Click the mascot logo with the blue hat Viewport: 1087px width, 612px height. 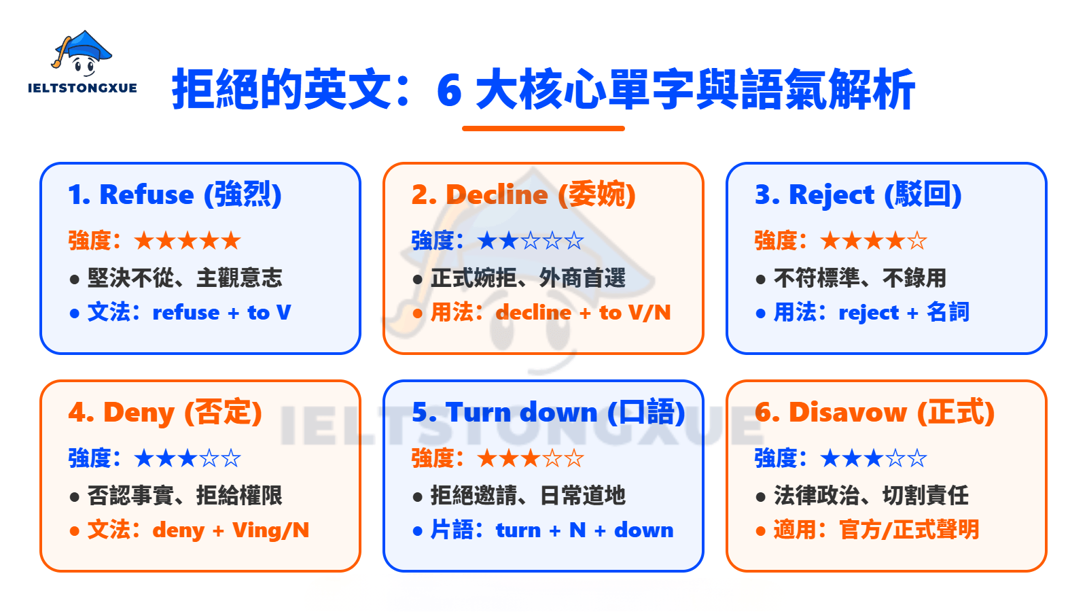tap(82, 54)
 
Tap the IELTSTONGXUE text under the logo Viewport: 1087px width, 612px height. tap(82, 88)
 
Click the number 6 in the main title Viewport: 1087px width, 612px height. tap(449, 90)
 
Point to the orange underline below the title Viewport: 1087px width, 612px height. tap(543, 128)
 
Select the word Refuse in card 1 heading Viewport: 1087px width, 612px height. tap(146, 195)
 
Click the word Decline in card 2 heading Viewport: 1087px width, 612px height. tap(497, 195)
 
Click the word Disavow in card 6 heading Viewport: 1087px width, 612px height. tap(847, 413)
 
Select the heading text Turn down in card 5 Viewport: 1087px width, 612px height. tap(521, 413)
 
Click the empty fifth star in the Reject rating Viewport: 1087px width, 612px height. tap(917, 241)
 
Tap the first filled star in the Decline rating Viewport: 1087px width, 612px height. tap(487, 241)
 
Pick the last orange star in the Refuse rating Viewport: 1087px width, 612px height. tap(231, 241)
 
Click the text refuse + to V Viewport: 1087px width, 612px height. tap(221, 313)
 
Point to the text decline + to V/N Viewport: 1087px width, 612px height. tap(583, 313)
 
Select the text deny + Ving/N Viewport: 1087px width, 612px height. tap(230, 530)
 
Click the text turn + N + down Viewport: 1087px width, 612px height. tap(584, 530)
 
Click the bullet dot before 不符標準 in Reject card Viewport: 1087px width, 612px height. tap(760, 279)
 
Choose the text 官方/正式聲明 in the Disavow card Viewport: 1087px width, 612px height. tap(909, 530)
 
